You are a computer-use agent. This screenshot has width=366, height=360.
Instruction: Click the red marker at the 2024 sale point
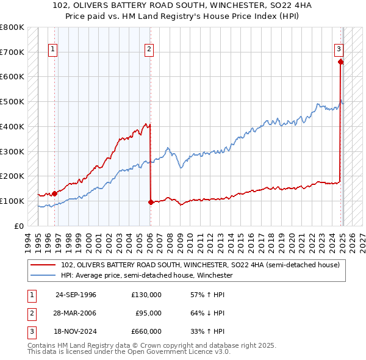pyautogui.click(x=340, y=61)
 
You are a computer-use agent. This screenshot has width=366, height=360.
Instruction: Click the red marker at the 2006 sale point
pyautogui.click(x=150, y=202)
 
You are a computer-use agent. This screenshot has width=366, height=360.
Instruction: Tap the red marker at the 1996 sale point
pyautogui.click(x=54, y=193)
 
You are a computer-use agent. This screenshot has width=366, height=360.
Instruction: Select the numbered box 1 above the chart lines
pyautogui.click(x=53, y=50)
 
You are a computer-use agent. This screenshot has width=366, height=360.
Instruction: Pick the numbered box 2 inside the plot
pyautogui.click(x=149, y=50)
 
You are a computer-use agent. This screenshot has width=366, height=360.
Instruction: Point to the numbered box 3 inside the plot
pyautogui.click(x=339, y=50)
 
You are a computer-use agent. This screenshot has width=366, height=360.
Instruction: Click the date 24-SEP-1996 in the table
pyautogui.click(x=76, y=295)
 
